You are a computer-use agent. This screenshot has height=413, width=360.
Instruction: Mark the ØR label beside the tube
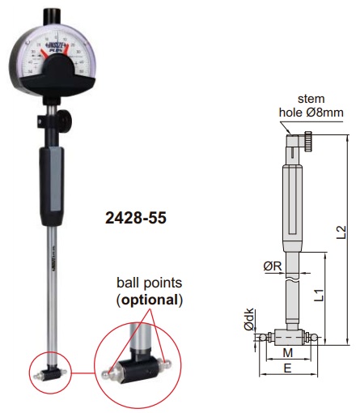(x=273, y=263)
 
